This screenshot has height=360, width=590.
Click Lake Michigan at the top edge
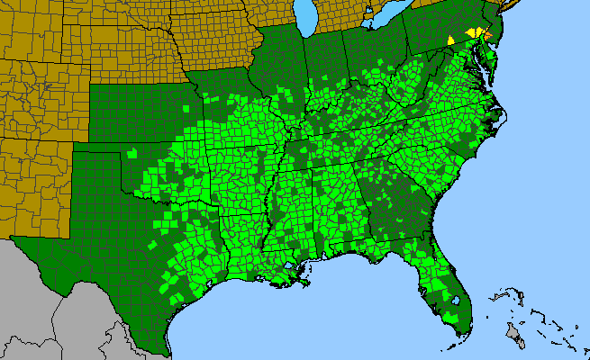(307, 13)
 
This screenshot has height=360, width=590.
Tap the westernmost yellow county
(450, 40)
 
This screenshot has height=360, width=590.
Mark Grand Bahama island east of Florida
(501, 295)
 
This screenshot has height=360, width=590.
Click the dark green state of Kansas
(135, 108)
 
